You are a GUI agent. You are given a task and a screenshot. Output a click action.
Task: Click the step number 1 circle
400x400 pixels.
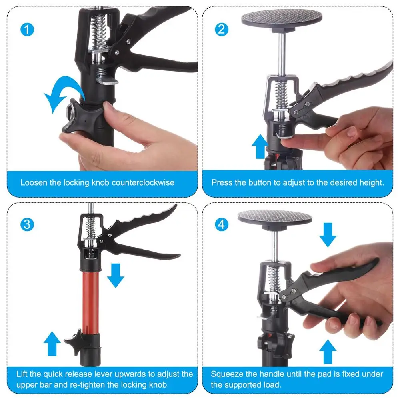[x=27, y=30]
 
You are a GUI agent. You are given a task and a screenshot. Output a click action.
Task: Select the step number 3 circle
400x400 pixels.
[x=27, y=224]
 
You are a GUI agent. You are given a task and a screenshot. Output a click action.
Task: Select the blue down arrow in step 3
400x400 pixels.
[x=116, y=275]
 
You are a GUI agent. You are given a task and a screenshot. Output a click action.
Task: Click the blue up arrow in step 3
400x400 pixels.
[x=52, y=344]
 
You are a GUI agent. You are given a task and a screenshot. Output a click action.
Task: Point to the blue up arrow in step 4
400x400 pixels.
[x=328, y=351]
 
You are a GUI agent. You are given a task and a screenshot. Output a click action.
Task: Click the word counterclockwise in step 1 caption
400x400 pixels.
[x=143, y=183]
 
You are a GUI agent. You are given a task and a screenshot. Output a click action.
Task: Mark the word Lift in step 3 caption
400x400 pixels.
[x=22, y=374]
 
